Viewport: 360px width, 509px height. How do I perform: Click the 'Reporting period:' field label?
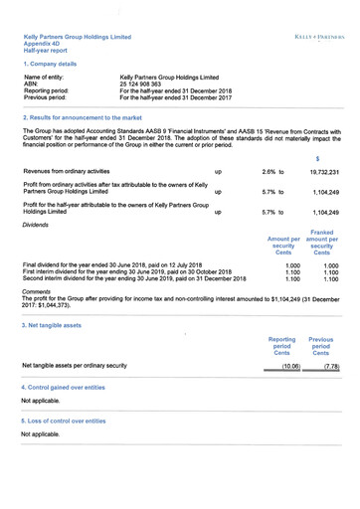(x=47, y=90)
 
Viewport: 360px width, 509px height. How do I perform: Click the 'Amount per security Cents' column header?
(x=283, y=246)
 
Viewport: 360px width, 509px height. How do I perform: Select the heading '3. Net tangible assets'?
(x=57, y=325)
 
